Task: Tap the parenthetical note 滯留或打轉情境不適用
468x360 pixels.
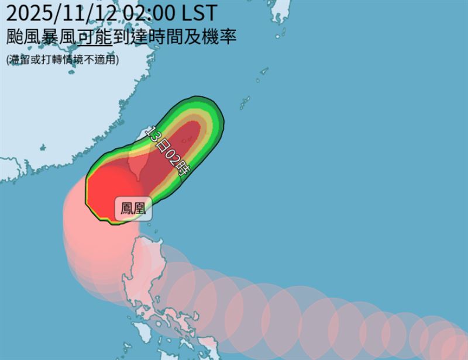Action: coord(62,59)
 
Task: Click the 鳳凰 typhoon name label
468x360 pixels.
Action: coord(133,209)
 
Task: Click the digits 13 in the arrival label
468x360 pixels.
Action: coord(153,133)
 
